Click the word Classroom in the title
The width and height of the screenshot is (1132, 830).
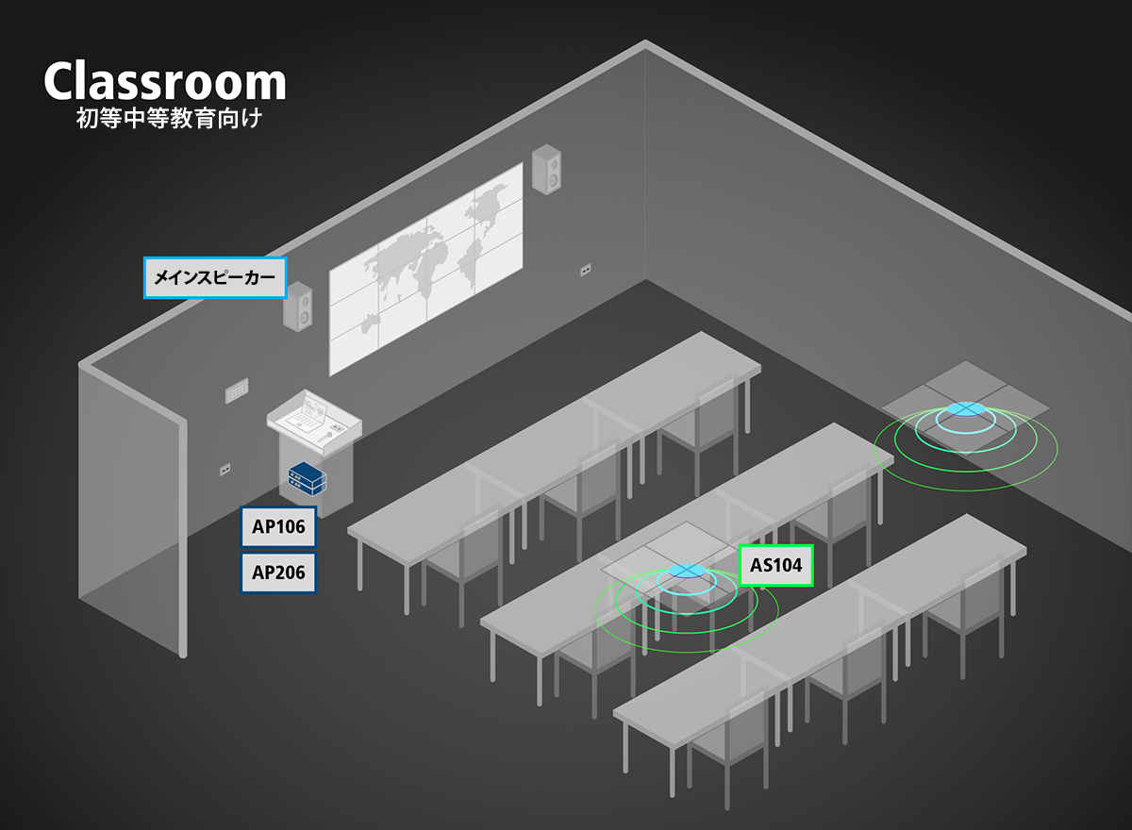click(165, 81)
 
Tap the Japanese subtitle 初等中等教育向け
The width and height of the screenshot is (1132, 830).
click(169, 119)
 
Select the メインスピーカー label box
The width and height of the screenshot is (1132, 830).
click(215, 277)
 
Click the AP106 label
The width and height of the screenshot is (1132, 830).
click(278, 527)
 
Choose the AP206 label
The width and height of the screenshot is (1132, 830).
click(278, 573)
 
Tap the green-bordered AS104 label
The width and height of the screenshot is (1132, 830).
click(776, 565)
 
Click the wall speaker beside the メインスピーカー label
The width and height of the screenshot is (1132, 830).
click(298, 307)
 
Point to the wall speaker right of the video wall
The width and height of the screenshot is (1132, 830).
click(546, 169)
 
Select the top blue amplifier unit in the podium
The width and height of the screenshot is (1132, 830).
click(307, 473)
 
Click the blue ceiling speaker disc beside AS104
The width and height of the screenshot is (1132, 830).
click(687, 571)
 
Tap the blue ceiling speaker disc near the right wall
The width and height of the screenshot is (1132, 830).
click(966, 408)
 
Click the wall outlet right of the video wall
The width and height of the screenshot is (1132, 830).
click(585, 271)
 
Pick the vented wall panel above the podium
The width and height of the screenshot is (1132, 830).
click(237, 390)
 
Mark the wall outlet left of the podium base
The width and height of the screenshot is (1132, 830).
click(225, 470)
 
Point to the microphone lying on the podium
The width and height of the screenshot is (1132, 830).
click(325, 437)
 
